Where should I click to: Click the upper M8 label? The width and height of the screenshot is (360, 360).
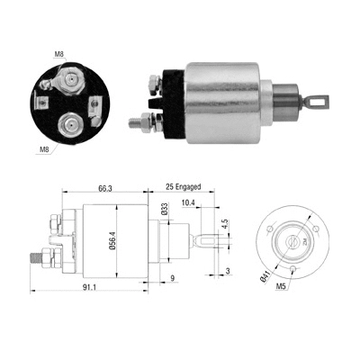(x=59, y=54)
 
